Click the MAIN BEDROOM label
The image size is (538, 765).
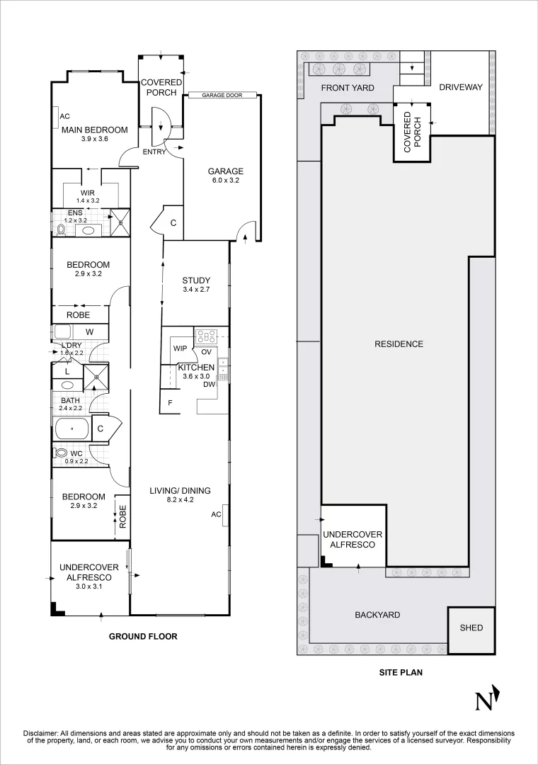94,130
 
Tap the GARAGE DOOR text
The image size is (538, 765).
222,96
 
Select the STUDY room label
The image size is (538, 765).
196,280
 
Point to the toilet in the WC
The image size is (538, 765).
61,453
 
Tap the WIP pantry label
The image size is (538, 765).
180,348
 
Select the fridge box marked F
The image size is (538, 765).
170,403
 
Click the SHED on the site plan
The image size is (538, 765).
471,628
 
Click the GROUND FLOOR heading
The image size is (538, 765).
143,636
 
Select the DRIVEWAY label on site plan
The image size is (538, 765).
460,88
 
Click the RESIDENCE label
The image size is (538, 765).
399,344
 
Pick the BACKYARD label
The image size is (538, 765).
377,615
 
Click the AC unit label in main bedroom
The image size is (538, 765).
64,116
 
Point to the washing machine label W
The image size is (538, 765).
90,331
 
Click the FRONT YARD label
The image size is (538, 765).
348,88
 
